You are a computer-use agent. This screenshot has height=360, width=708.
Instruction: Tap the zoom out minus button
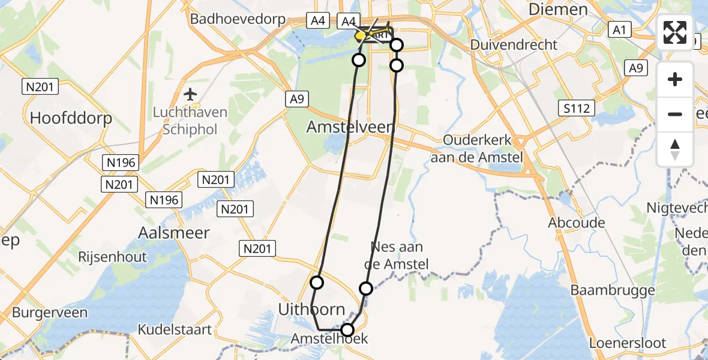(675, 114)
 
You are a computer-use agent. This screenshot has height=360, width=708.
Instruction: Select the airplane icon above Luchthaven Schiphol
(191, 94)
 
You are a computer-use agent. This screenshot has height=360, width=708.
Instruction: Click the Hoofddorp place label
(71, 118)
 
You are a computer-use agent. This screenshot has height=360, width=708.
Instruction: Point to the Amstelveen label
(350, 127)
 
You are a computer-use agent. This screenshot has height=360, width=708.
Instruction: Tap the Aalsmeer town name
(174, 232)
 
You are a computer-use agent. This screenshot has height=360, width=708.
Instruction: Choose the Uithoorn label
(311, 310)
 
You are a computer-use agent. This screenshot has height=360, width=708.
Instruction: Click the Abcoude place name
(576, 223)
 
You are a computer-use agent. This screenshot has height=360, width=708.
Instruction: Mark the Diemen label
(558, 10)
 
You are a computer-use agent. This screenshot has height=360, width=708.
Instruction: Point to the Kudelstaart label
(175, 329)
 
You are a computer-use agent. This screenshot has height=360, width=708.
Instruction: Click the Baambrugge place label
(613, 290)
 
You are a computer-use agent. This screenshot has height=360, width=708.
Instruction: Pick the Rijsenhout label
(113, 257)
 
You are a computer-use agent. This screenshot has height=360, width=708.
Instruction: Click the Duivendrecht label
(514, 44)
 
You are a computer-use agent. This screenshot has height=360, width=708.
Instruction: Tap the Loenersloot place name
(628, 343)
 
